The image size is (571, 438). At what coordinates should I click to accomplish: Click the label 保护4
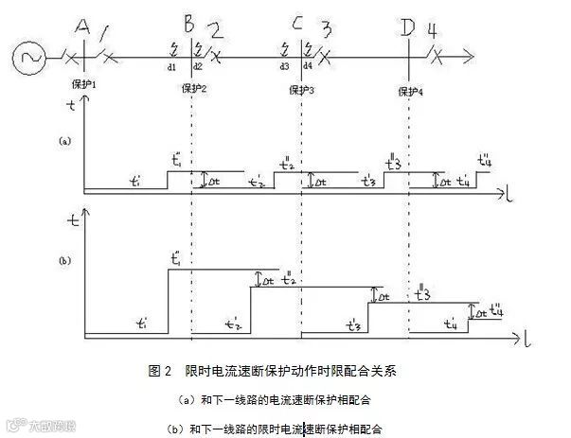(410, 91)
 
